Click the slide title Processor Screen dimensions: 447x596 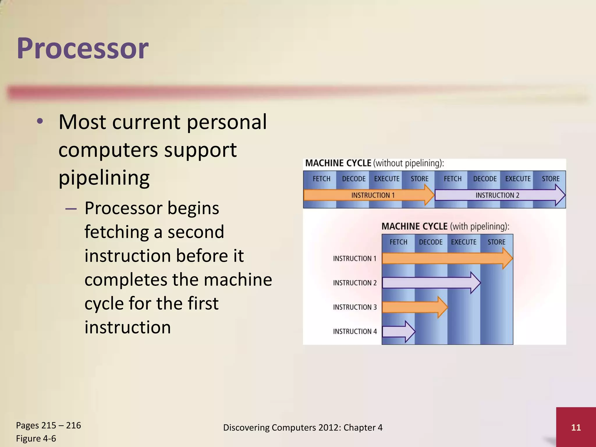point(83,48)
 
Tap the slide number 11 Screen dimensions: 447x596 point(576,427)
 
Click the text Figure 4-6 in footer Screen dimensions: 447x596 point(36,438)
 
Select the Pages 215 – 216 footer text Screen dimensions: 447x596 point(48,425)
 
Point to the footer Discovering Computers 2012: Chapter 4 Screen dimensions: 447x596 point(303,427)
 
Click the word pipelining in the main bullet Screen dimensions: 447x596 point(104,178)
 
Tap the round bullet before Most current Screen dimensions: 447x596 point(40,122)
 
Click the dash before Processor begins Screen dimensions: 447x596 point(71,209)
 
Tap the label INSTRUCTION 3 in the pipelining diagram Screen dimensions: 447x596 point(355,307)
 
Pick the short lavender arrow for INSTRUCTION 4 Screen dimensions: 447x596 point(398,331)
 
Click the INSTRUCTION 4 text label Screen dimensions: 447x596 point(355,331)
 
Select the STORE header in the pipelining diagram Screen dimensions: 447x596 point(496,242)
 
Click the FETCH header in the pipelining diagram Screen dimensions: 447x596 point(398,242)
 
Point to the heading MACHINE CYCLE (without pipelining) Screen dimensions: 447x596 point(375,163)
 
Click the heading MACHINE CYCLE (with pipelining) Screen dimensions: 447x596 point(445,226)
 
